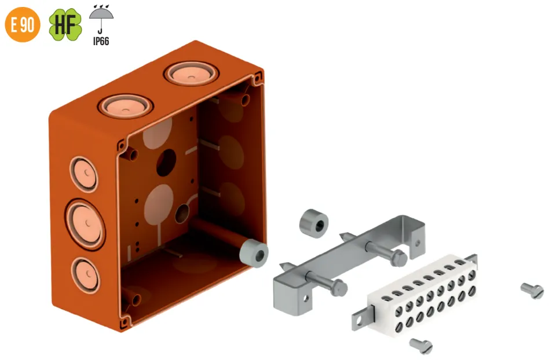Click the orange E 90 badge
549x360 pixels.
[23, 24]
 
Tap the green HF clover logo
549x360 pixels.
[65, 24]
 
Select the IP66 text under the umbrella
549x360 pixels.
[101, 41]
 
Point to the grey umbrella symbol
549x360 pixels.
[101, 19]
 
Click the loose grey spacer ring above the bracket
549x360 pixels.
[314, 223]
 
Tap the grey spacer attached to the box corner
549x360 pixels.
[254, 254]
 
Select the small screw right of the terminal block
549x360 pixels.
[532, 291]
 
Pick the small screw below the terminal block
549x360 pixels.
[421, 346]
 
